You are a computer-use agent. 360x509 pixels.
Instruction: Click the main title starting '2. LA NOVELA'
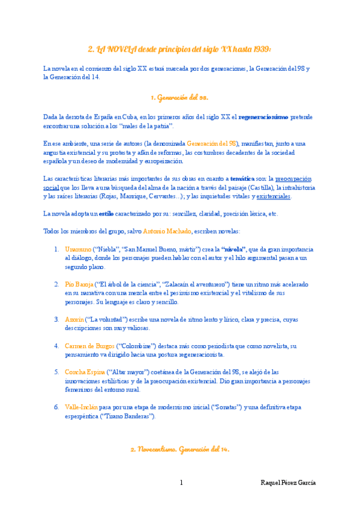179,49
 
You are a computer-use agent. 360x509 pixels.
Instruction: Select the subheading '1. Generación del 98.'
179,97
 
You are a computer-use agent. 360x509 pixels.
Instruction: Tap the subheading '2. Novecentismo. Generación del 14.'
179,449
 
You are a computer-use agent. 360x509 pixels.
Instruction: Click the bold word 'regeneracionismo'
263,117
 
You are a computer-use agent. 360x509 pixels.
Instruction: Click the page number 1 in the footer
181,483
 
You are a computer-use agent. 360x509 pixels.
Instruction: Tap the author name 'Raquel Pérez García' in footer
289,483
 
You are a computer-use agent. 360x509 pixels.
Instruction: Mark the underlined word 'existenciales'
274,196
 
